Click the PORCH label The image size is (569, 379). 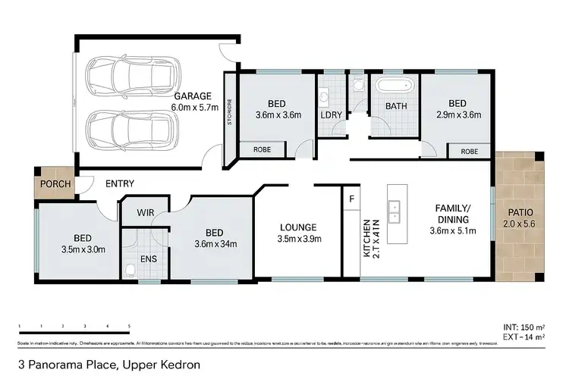55,184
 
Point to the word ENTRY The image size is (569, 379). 120,183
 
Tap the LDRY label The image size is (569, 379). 331,114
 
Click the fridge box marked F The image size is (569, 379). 352,199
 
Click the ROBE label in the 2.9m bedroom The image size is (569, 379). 469,152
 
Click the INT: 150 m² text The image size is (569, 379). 523,327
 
